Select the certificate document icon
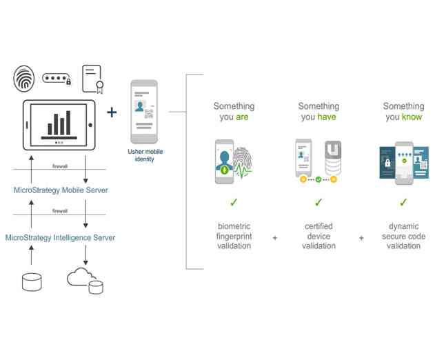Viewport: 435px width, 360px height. [x=92, y=79]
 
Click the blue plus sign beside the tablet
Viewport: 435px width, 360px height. [x=112, y=112]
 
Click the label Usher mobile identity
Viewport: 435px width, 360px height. [x=145, y=155]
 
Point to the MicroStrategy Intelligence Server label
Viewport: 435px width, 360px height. [x=60, y=237]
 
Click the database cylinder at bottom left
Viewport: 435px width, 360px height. [x=32, y=281]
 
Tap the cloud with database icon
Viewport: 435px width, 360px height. [x=85, y=280]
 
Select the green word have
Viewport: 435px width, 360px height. [x=327, y=117]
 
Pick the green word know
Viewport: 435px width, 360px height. [x=413, y=117]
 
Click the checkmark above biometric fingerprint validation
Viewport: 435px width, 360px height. [x=234, y=203]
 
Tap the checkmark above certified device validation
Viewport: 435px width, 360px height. [x=318, y=203]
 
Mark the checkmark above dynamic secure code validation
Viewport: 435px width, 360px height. [x=404, y=203]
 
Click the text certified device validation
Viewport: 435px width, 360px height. [x=318, y=236]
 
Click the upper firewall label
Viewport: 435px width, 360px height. [x=60, y=166]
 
